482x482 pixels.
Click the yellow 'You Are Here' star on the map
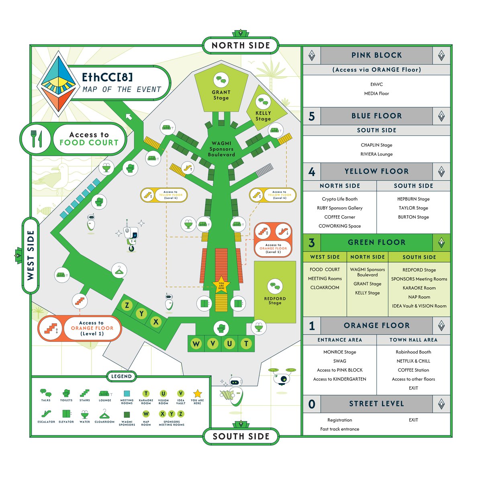pyautogui.click(x=221, y=285)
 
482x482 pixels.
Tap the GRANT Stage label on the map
pyautogui.click(x=221, y=95)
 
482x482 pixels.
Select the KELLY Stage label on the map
pyautogui.click(x=263, y=116)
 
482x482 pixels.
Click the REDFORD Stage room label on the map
pyautogui.click(x=275, y=300)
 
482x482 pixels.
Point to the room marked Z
pyautogui.click(x=127, y=305)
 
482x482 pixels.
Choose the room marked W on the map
pyautogui.click(x=196, y=343)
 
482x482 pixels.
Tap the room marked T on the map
pyautogui.click(x=246, y=343)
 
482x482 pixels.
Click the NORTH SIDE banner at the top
pyautogui.click(x=241, y=45)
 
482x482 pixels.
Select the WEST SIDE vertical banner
pyautogui.click(x=31, y=255)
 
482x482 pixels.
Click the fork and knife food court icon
pyautogui.click(x=37, y=139)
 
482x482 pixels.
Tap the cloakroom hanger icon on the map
pyautogui.click(x=119, y=271)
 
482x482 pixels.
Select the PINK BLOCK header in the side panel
pyautogui.click(x=376, y=55)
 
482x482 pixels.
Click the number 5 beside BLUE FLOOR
pyautogui.click(x=312, y=116)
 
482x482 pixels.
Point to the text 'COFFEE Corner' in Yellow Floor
pyautogui.click(x=340, y=217)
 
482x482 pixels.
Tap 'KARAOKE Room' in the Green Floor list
pyautogui.click(x=419, y=288)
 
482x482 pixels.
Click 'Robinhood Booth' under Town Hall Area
pyautogui.click(x=413, y=352)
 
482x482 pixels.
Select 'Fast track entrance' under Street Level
pyautogui.click(x=340, y=429)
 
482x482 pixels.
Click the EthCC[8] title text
pyautogui.click(x=107, y=77)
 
